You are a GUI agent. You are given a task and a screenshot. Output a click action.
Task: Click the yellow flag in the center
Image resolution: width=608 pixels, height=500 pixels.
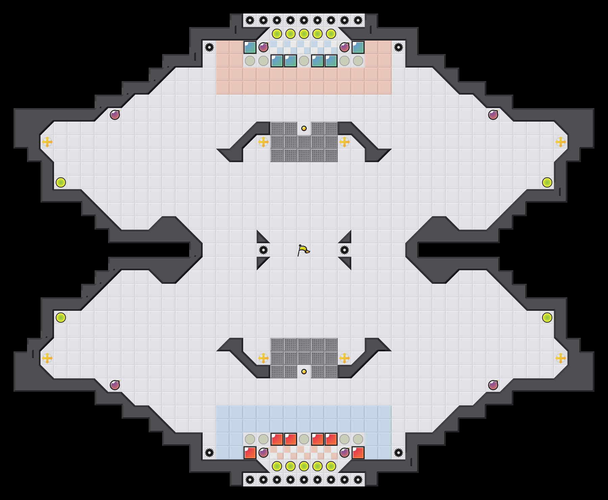tap(303, 250)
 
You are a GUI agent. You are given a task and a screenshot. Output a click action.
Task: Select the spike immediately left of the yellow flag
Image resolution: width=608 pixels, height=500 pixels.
tap(263, 250)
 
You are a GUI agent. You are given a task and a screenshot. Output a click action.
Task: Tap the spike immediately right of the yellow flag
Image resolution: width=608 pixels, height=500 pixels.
tap(345, 250)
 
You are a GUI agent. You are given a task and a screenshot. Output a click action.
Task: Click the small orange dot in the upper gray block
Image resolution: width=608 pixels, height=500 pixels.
tap(304, 128)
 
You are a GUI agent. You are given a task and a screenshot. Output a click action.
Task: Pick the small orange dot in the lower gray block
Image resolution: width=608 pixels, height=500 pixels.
tap(304, 372)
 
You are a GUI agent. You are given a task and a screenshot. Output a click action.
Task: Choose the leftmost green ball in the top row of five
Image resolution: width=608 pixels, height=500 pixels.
tap(277, 34)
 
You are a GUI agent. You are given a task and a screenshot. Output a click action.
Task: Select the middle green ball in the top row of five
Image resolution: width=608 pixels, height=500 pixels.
tap(304, 34)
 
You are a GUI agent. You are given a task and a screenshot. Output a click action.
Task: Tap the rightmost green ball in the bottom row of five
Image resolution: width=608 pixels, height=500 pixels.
tap(331, 466)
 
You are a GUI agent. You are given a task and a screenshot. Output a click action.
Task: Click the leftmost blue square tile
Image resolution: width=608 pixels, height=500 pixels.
tap(250, 47)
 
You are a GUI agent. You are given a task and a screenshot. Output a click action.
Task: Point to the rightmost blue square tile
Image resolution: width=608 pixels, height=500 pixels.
tap(358, 47)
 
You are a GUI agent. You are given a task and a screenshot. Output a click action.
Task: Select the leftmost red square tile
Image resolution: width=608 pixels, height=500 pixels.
tap(250, 453)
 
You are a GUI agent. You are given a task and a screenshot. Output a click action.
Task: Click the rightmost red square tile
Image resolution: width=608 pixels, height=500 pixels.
tap(358, 453)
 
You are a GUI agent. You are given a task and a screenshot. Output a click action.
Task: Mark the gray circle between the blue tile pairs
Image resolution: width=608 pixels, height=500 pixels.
tap(304, 61)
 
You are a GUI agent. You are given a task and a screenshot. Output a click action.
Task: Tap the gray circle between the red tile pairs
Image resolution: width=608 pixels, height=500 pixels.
tap(304, 439)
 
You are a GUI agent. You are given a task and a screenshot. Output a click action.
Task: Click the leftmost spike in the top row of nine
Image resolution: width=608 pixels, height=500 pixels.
tap(250, 20)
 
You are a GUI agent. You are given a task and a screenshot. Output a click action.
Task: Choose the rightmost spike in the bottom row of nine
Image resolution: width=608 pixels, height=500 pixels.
tap(358, 480)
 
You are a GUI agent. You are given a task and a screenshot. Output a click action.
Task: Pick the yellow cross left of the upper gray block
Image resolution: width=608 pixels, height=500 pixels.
tap(263, 142)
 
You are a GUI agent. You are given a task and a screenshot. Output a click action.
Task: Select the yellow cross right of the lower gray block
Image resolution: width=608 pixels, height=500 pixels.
tap(345, 358)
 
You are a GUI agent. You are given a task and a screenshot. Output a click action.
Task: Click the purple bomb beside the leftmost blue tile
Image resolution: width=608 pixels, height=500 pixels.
tap(263, 47)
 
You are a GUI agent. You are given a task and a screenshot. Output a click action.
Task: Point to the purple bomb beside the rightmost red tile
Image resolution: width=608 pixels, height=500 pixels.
tap(345, 453)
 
